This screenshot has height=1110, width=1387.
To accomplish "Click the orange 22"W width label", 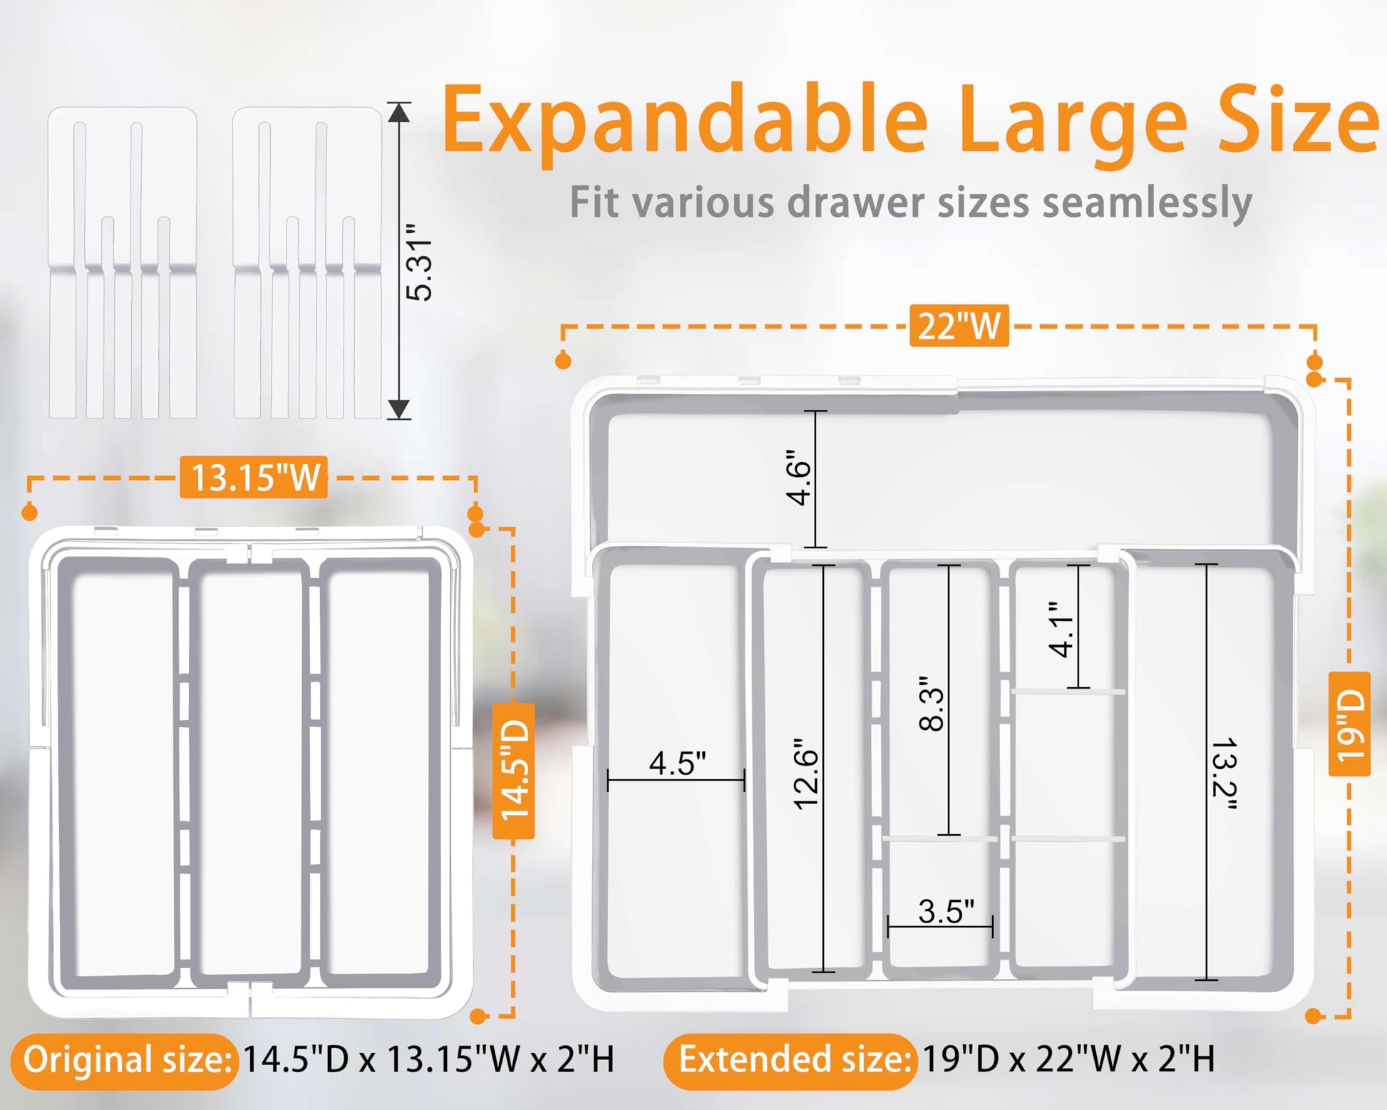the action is tap(959, 326).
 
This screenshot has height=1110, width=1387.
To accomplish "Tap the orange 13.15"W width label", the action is tap(254, 477).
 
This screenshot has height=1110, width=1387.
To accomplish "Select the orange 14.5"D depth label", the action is tap(514, 770).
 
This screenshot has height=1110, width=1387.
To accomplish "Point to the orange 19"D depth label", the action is tap(1350, 724).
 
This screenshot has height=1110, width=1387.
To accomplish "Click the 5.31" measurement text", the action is tap(419, 262).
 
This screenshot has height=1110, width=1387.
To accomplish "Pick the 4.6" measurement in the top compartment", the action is tap(799, 477).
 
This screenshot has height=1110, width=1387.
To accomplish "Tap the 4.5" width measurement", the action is tap(677, 763).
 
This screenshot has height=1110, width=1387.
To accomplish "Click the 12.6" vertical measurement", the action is tap(807, 774).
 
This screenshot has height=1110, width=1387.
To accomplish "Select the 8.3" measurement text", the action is tap(932, 704).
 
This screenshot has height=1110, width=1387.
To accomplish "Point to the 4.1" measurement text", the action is tap(1061, 629).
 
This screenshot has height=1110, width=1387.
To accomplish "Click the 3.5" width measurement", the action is tap(946, 911).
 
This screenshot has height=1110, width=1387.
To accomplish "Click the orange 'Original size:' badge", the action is tap(125, 1060).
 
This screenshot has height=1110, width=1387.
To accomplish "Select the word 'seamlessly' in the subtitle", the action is tap(1148, 202).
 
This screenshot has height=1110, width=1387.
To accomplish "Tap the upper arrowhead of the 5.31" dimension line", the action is tap(398, 112).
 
